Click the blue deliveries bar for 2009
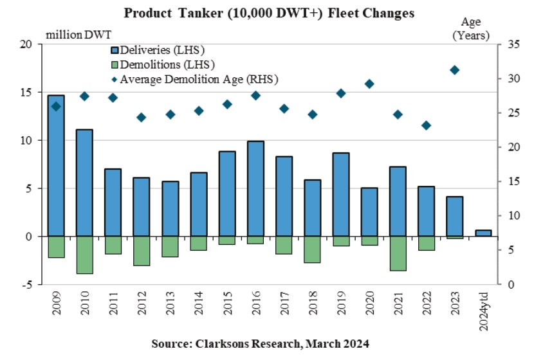coord(56,165)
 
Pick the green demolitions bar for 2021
coord(398,253)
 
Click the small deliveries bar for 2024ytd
coord(484,233)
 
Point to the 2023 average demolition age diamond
coord(455,70)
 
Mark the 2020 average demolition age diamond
coord(369,84)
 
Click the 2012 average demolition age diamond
coord(142,118)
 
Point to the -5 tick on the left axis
coord(26,284)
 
